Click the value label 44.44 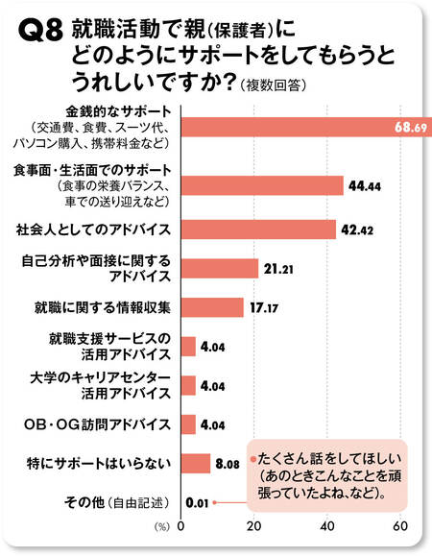pos(365,185)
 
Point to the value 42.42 pos(358,230)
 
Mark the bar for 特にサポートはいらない pos(195,464)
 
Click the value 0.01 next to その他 pos(197,501)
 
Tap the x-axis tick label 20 pos(254,526)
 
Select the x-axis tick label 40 pos(328,526)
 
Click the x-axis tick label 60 pos(401,526)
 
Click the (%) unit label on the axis pos(164,527)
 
